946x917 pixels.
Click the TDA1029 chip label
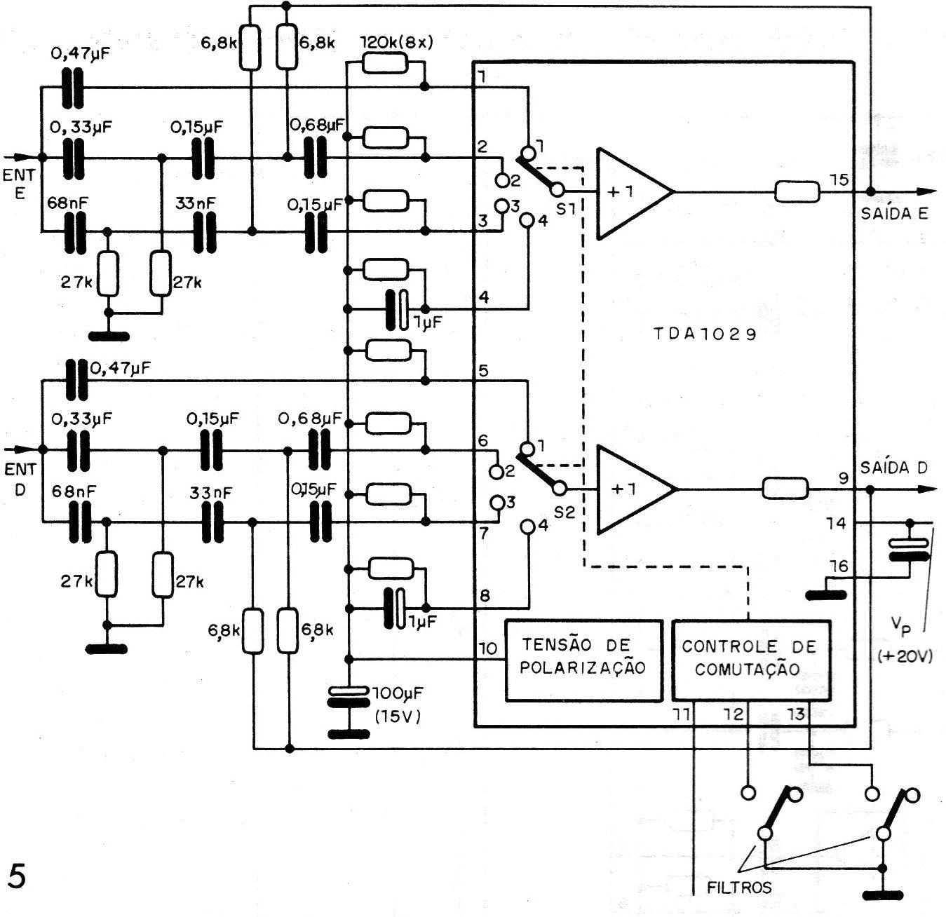705,334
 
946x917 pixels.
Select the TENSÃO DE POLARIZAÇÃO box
583,660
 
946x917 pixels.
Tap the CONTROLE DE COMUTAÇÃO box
750,660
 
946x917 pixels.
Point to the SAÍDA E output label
894,213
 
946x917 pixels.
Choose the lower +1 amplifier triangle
630,489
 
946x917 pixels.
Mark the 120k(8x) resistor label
397,41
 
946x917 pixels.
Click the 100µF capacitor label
395,693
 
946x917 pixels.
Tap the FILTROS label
738,887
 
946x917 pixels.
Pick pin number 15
839,180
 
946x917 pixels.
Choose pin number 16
839,566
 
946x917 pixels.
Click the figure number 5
15,876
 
